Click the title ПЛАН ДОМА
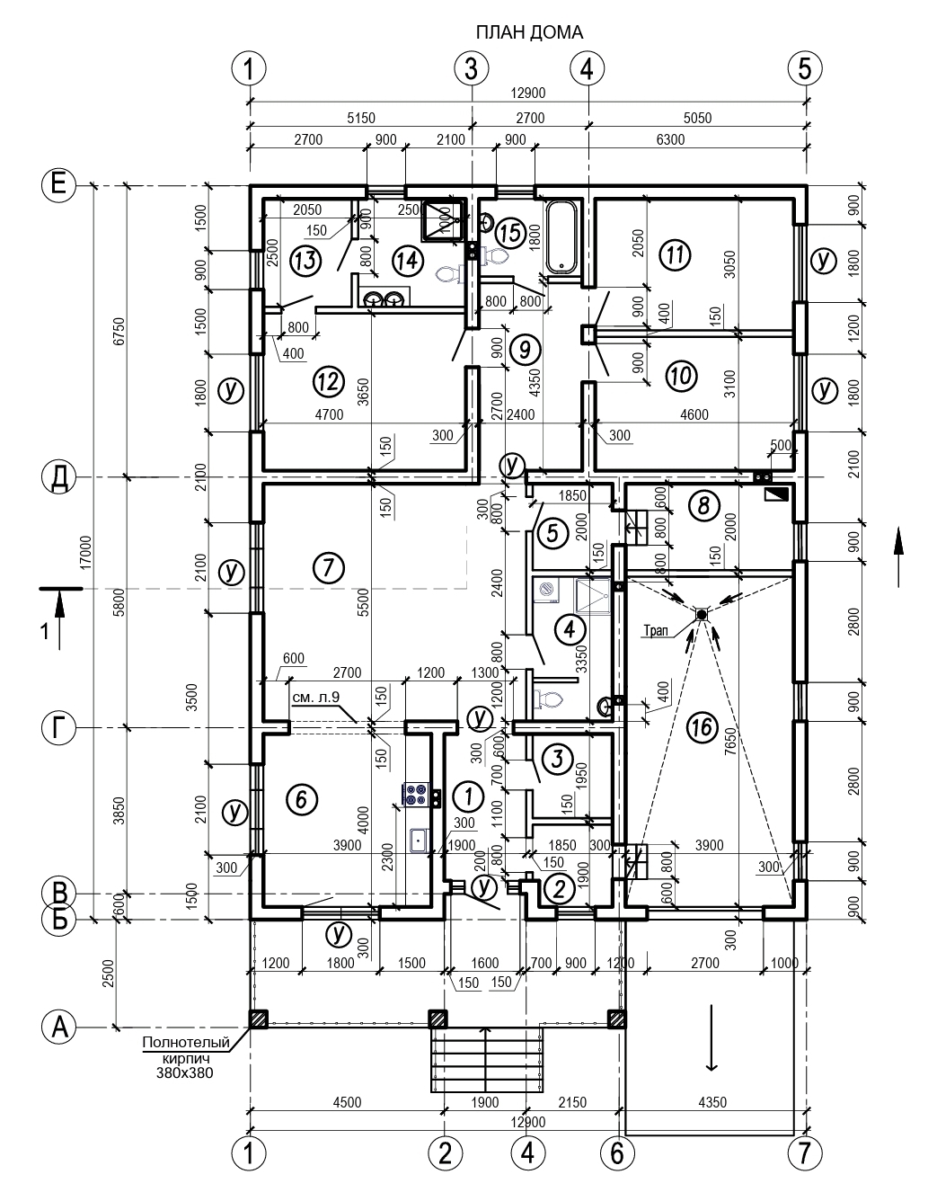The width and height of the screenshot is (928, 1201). (x=528, y=32)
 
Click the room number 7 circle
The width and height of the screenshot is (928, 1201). (x=329, y=567)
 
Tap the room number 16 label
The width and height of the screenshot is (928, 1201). (x=703, y=727)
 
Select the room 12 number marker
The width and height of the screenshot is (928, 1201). (x=329, y=381)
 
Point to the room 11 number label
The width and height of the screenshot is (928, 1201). (x=676, y=255)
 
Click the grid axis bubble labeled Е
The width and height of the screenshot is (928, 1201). (x=58, y=184)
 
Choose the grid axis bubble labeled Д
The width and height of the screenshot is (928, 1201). (x=58, y=477)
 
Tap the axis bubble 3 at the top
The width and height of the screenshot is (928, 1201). (x=472, y=69)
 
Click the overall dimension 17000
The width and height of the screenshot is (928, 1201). (x=85, y=552)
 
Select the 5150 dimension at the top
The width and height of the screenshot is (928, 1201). (x=361, y=119)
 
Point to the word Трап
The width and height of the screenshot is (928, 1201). (x=656, y=630)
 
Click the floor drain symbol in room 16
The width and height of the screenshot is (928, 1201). (x=701, y=614)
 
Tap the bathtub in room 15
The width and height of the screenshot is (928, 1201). (x=561, y=236)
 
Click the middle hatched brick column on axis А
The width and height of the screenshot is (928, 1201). (x=439, y=1019)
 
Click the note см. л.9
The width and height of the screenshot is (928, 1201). (x=315, y=698)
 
